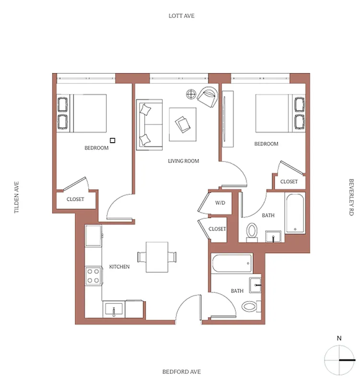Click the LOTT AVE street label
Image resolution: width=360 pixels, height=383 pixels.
point(181,16)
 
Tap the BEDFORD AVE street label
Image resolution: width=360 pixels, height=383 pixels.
point(181,372)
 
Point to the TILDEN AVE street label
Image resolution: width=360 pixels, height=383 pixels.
point(16,197)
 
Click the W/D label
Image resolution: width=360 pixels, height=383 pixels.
point(220,203)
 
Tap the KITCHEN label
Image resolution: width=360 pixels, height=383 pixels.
point(119,267)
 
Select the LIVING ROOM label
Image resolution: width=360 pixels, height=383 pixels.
point(183,161)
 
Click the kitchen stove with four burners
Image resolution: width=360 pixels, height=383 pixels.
point(93,276)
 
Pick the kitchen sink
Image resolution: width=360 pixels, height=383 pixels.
point(114,310)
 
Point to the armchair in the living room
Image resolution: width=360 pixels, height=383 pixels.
point(207,97)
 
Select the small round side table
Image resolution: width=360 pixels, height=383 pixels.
point(191,94)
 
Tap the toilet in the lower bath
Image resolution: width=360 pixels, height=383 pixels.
point(250,306)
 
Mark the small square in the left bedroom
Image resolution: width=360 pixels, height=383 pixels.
point(113,140)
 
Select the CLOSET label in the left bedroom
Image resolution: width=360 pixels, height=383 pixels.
point(75,199)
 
